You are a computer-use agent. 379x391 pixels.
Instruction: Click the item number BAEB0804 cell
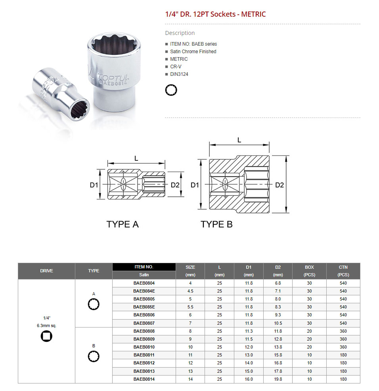click(144, 283)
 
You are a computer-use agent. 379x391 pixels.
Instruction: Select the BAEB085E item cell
click(144, 307)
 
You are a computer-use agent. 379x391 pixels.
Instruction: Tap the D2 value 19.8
click(278, 379)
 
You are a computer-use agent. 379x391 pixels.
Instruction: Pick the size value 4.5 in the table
click(190, 291)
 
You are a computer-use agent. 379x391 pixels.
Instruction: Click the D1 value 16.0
click(249, 379)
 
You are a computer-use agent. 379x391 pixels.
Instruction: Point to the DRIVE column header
click(46, 271)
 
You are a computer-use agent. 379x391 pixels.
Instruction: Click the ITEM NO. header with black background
click(144, 267)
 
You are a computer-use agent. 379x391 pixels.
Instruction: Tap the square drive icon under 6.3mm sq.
click(46, 336)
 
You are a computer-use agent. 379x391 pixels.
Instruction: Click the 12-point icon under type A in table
click(94, 304)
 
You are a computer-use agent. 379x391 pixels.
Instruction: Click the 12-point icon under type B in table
click(94, 356)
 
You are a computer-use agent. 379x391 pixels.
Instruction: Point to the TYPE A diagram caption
click(123, 224)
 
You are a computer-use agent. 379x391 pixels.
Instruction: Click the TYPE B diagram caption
click(216, 224)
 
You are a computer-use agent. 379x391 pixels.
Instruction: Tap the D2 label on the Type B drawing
click(279, 185)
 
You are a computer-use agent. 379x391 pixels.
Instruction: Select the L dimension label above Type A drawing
click(136, 158)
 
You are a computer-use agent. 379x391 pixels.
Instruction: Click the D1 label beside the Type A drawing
click(94, 185)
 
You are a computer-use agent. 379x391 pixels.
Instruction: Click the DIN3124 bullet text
click(180, 74)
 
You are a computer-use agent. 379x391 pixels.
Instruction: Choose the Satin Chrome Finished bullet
click(193, 52)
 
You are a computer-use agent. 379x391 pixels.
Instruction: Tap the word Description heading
click(180, 33)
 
